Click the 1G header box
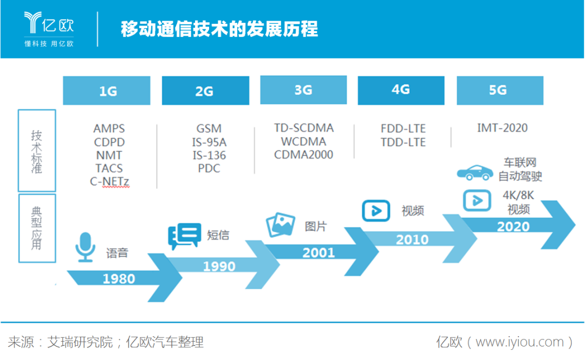[106, 90]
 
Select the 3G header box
[303, 90]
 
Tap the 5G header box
[499, 90]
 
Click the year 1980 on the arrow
[119, 279]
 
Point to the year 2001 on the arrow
[318, 253]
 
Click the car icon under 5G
[475, 172]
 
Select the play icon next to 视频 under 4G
[376, 210]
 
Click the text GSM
[209, 129]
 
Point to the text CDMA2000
[303, 155]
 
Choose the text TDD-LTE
[403, 142]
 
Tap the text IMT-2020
[502, 128]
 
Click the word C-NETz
[110, 181]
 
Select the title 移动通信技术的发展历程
[219, 29]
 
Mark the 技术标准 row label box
[37, 150]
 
